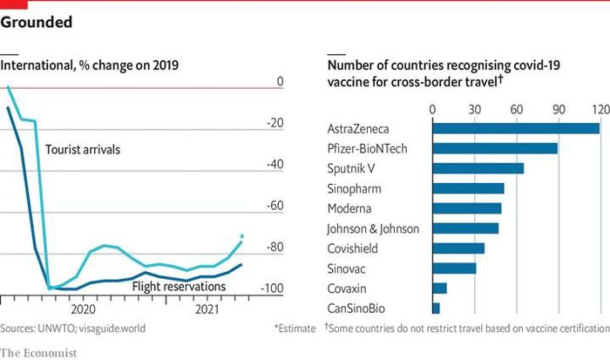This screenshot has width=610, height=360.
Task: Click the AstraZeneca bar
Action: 516,128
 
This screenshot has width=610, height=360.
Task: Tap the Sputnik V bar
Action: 478,168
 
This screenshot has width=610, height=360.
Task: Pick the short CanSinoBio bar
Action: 436,309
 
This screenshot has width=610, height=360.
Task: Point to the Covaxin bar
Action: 439,289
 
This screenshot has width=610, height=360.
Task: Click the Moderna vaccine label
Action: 351,209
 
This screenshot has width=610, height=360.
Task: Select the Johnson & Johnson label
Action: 373,229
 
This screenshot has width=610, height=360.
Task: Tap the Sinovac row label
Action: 349,268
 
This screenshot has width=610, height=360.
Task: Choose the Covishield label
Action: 355,248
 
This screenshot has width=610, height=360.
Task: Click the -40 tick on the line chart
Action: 275,164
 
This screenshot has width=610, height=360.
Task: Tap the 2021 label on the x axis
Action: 209,309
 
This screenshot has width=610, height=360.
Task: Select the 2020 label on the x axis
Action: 83,309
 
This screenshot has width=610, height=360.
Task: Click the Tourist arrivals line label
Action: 82,150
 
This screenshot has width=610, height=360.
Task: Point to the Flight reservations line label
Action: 179,286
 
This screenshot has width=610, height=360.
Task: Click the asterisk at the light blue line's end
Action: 242,235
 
